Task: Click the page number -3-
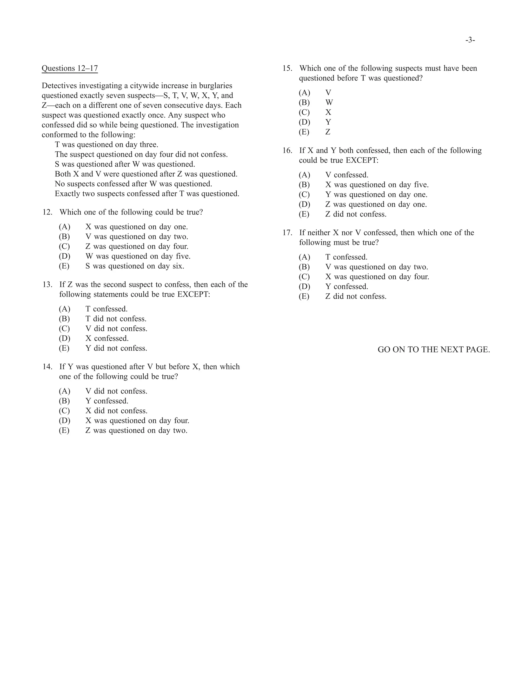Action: (470, 40)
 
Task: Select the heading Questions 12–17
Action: (70, 68)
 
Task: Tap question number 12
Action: (47, 212)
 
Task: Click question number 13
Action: (47, 285)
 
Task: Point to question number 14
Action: (47, 367)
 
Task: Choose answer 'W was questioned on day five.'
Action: (138, 257)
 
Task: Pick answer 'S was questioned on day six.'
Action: (135, 266)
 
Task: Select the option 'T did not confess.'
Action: (116, 319)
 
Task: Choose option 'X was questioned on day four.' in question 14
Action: (137, 421)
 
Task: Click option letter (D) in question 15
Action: (304, 122)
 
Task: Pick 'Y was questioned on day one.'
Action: (376, 195)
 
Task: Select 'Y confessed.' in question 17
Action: (347, 287)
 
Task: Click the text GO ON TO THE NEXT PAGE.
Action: (434, 350)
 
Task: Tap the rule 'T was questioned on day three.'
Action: (107, 145)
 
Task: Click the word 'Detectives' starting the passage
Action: (59, 86)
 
